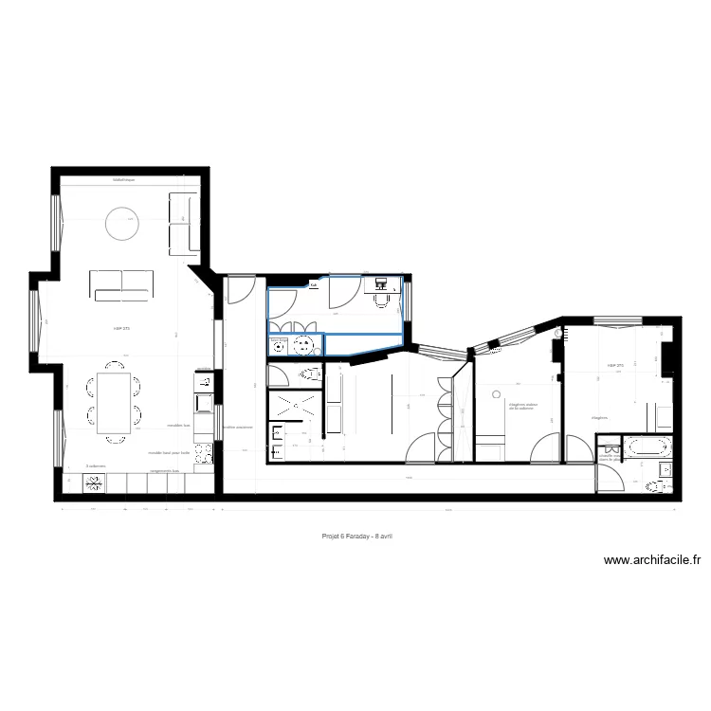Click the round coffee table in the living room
click(122, 224)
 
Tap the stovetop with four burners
click(95, 483)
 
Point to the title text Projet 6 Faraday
click(356, 536)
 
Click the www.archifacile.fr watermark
click(651, 560)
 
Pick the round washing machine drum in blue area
click(304, 346)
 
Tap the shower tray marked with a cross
click(295, 407)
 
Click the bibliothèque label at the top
click(123, 179)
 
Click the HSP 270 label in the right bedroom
click(616, 365)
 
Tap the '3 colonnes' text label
click(94, 466)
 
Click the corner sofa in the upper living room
click(183, 223)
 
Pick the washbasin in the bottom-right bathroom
click(665, 470)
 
